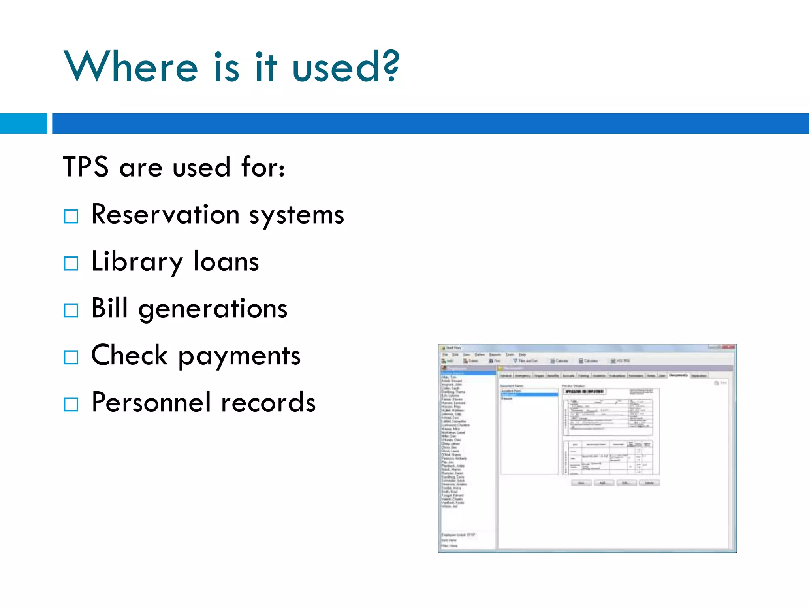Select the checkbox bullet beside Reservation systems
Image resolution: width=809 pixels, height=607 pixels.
[71, 217]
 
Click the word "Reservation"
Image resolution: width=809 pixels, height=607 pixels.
[165, 215]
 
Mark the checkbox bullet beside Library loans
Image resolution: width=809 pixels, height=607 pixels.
[71, 263]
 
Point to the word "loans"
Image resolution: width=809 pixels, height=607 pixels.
[226, 262]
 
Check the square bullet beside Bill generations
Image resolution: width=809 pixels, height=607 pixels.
[71, 310]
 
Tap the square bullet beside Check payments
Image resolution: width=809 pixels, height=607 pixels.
[71, 357]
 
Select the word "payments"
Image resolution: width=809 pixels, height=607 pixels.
[239, 356]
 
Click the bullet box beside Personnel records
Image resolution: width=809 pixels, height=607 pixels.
[71, 404]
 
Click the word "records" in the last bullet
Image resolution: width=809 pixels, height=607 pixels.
[268, 402]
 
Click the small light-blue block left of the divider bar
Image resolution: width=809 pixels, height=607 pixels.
[23, 123]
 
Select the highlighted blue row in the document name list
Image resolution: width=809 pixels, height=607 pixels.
[529, 394]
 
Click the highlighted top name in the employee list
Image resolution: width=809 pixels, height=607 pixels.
[468, 373]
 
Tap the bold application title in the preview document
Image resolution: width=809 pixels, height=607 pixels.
[584, 391]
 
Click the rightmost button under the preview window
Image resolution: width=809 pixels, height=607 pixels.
[649, 483]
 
